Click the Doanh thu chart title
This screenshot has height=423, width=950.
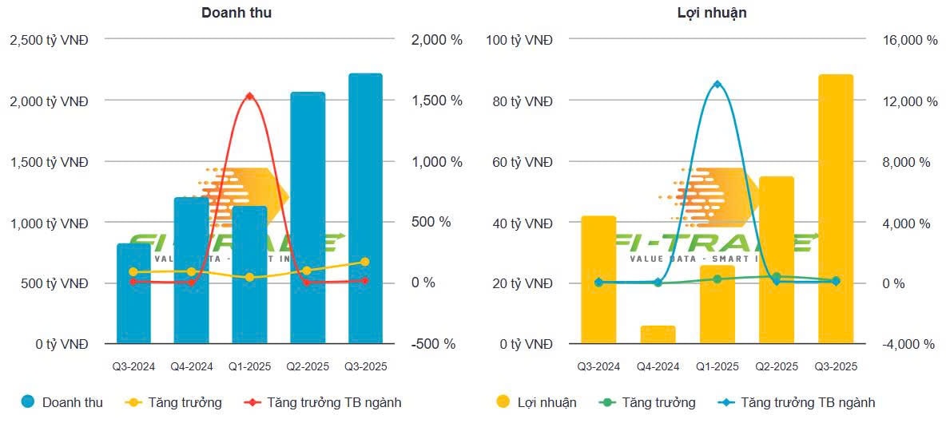(x=242, y=13)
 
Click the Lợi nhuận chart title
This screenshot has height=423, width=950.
(x=706, y=13)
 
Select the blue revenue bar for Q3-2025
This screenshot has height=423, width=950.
(x=365, y=208)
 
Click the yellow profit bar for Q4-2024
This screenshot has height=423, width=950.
(x=658, y=334)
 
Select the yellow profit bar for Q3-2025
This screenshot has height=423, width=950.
(x=836, y=208)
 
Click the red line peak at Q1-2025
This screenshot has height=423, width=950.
(x=249, y=96)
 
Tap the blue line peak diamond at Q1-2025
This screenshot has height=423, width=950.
(x=717, y=84)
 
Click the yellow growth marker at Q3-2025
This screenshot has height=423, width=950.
(x=365, y=262)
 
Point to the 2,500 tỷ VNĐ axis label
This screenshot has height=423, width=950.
(x=49, y=40)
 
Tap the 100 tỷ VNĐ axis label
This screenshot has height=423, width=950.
(x=519, y=40)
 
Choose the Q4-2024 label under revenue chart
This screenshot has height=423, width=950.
(x=192, y=367)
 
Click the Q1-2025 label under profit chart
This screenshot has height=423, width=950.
(x=717, y=367)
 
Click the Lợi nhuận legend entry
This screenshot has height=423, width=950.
(x=536, y=402)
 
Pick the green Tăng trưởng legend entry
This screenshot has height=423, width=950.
(x=648, y=402)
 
